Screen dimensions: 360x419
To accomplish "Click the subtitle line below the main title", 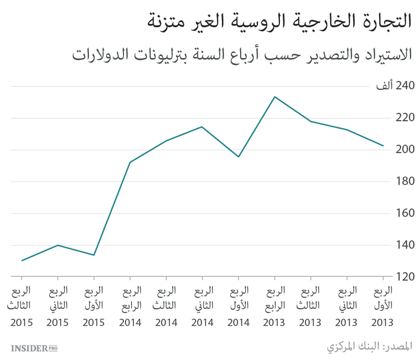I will [243, 55].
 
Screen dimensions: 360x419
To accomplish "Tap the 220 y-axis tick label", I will [391, 118].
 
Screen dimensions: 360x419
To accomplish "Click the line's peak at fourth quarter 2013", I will [274, 97].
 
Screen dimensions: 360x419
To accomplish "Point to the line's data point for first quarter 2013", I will [383, 146].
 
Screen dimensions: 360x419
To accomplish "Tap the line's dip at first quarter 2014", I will [239, 157].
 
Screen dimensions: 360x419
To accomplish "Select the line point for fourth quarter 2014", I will [130, 162].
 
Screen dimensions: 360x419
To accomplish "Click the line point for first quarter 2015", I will [94, 255].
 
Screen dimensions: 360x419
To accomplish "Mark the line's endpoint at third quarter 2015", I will [22, 261].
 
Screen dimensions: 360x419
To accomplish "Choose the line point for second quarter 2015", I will [58, 245].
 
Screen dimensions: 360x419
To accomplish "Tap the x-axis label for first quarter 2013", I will [383, 306].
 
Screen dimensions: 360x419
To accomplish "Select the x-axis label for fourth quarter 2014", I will [130, 306].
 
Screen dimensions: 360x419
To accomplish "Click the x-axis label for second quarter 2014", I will [202, 306].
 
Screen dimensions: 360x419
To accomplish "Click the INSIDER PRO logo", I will [34, 348].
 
